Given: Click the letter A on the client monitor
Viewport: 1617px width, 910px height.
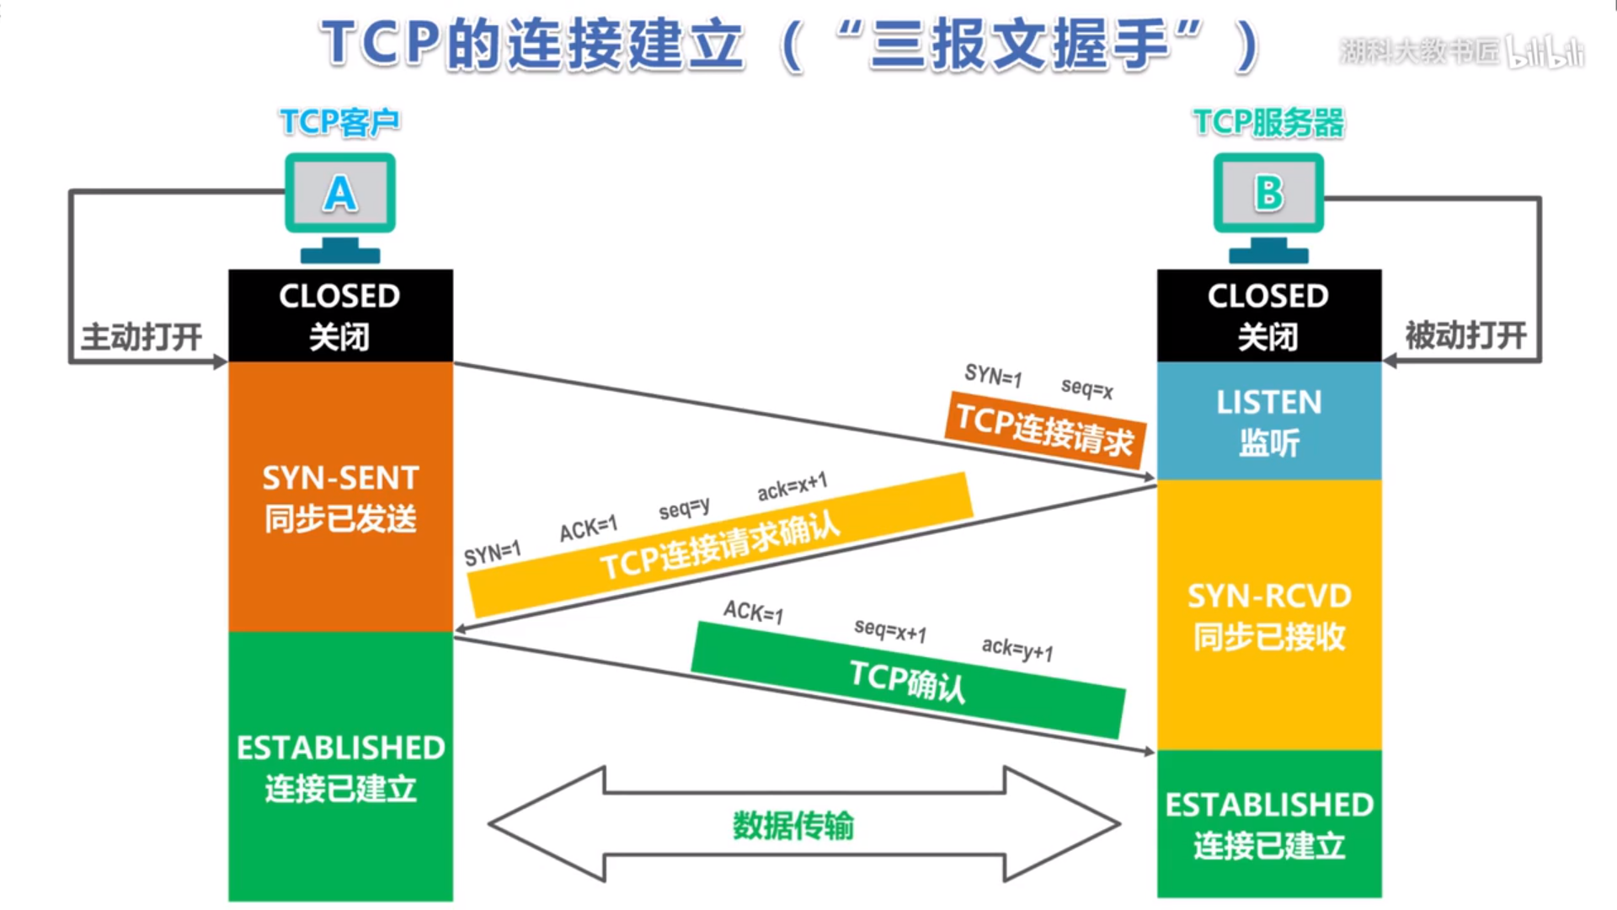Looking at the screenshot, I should [x=340, y=193].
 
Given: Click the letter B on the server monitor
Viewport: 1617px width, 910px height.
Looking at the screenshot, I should [x=1268, y=193].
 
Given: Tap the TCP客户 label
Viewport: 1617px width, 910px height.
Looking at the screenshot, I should [x=339, y=122].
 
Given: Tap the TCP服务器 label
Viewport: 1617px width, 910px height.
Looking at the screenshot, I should [x=1268, y=123].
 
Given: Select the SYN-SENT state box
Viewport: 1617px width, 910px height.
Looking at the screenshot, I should [x=340, y=497].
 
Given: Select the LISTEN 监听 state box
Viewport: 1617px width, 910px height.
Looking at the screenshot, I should [x=1268, y=421].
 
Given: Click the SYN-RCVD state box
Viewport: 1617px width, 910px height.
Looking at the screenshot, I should [x=1268, y=615].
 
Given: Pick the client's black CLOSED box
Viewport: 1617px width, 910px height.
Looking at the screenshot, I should [x=340, y=316].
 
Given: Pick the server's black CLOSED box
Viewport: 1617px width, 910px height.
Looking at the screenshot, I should [x=1268, y=316].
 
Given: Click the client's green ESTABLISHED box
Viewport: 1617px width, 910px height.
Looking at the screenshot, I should [x=340, y=767].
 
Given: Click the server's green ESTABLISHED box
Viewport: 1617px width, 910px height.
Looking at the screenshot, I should [x=1268, y=824].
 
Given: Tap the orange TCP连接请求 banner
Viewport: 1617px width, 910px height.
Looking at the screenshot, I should [x=1044, y=431].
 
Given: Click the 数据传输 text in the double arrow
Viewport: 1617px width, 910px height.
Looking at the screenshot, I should [x=792, y=825].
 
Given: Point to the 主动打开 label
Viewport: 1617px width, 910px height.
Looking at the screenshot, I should [x=141, y=336].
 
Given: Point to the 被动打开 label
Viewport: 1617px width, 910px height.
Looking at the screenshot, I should [x=1465, y=335].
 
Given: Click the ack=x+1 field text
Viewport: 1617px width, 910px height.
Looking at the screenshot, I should [x=792, y=486].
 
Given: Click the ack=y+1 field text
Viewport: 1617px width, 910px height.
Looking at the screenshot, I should [x=1017, y=649].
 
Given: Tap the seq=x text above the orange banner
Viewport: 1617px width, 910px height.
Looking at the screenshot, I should [x=1086, y=388].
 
